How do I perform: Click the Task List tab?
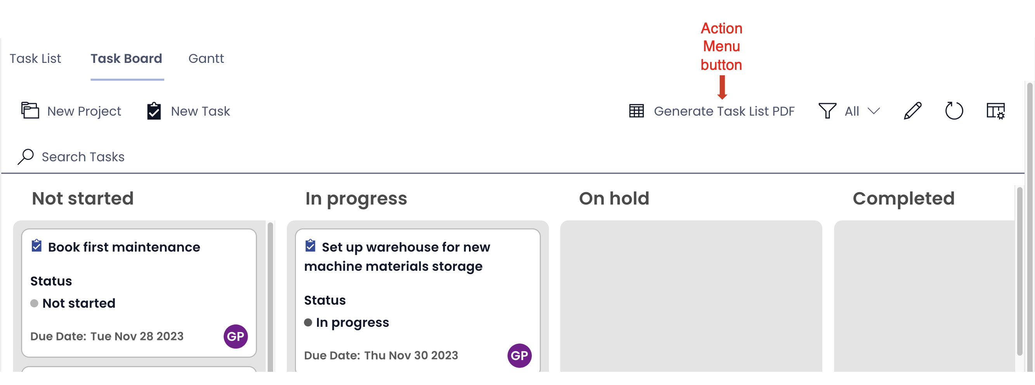(35, 59)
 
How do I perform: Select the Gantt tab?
(206, 59)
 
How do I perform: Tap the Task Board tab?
(126, 59)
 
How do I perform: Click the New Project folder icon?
(30, 110)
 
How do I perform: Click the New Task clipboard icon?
(154, 111)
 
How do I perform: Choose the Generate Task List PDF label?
(724, 111)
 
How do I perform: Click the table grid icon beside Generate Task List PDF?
(636, 111)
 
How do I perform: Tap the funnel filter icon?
(827, 111)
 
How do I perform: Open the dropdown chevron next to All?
(874, 111)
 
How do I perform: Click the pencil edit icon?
(912, 111)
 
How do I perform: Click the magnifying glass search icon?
(26, 156)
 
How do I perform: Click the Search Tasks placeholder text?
(83, 156)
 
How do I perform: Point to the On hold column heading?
(614, 198)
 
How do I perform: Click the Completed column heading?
(904, 198)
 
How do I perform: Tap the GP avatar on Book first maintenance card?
(235, 336)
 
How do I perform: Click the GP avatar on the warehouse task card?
(519, 355)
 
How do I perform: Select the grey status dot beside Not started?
(34, 303)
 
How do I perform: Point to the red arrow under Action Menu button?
(722, 87)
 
